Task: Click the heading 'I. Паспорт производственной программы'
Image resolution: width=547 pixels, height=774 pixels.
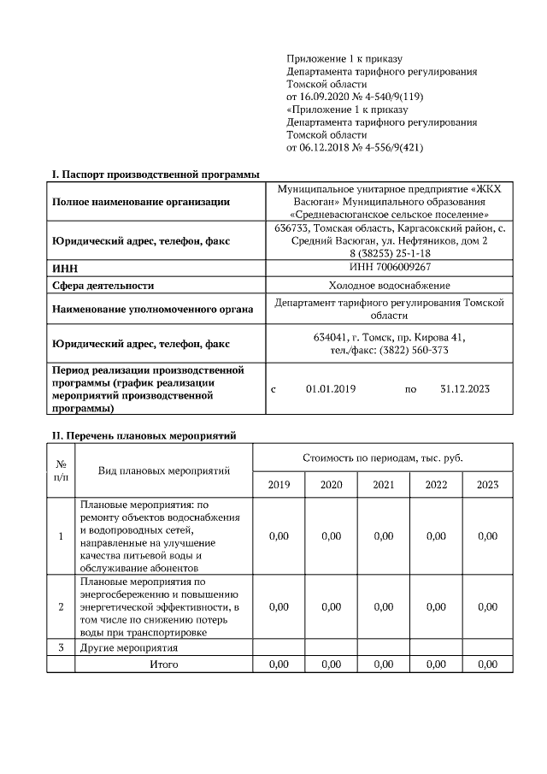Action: pos(155,174)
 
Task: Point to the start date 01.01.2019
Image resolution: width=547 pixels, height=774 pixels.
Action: pos(331,388)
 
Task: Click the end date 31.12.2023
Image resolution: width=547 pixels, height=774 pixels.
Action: pos(465,388)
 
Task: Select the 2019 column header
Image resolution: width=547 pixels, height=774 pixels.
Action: pos(279,485)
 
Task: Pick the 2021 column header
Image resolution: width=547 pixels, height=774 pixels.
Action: pos(384,485)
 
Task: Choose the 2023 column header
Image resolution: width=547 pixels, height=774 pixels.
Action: pos(487,485)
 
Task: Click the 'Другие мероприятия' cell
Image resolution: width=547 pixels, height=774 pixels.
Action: pos(129,647)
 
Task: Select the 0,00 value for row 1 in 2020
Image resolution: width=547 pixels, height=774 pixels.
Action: pos(331,536)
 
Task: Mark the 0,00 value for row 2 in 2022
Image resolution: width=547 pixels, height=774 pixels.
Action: pos(436,606)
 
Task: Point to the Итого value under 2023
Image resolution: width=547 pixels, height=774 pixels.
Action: pos(487,664)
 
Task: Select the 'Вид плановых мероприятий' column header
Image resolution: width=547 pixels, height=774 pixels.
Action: pos(164,471)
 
